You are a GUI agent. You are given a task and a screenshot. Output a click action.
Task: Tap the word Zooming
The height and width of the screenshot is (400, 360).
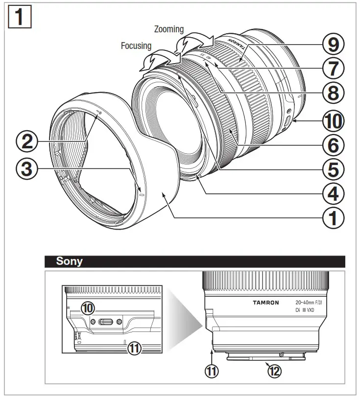pos(169,29)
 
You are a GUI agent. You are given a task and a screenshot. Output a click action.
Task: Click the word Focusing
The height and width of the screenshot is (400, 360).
pos(136,46)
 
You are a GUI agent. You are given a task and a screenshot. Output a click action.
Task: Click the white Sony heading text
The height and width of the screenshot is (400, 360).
pos(69,261)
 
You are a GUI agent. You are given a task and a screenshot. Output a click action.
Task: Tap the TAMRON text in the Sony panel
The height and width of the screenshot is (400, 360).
pos(265,303)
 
